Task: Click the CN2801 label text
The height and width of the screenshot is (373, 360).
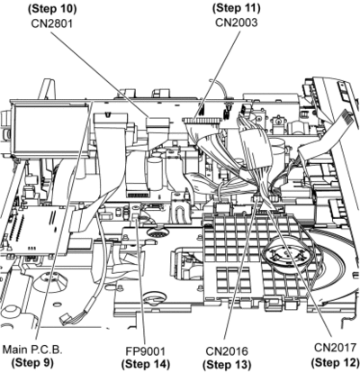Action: coord(52,23)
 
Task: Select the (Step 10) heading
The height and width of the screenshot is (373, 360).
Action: coord(52,9)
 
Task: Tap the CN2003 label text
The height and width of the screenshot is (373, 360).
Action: coord(237,23)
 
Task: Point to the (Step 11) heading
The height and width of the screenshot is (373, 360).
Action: coord(237,8)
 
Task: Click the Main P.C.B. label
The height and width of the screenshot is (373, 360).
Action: coord(32,350)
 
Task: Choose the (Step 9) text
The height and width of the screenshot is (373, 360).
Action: coord(32,363)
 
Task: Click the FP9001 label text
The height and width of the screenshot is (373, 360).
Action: coord(146,350)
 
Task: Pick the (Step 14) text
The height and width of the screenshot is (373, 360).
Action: coord(146,364)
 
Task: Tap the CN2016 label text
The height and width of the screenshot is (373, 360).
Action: coord(227,351)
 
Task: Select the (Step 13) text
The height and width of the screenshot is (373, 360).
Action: coord(227,365)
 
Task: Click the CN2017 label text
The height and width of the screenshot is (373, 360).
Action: coord(335,348)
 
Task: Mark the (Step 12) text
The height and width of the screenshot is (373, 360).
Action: coord(335,362)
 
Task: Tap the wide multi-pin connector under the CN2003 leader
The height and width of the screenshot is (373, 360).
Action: coord(202,121)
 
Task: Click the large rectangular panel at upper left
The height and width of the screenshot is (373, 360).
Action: coord(50,130)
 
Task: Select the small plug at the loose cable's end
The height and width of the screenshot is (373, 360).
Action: coord(65,318)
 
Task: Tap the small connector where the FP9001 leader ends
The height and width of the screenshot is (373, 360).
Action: coord(137,217)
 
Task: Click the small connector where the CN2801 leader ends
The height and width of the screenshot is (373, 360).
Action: coord(157,122)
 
